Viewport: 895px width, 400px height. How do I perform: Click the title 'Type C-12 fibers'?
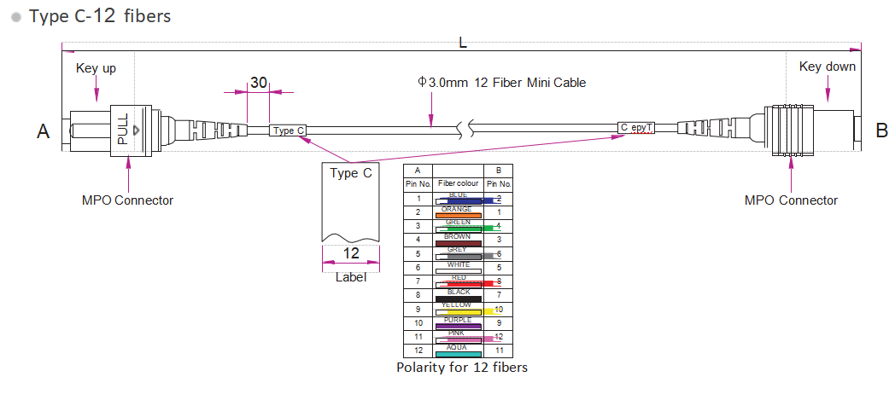coord(100,16)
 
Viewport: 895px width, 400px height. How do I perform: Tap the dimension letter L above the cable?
coord(463,43)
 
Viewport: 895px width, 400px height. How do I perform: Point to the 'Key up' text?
coord(96,67)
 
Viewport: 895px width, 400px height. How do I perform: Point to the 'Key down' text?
coord(827,67)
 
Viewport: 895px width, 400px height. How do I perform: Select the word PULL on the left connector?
coord(122,129)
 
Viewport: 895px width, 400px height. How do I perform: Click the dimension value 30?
coord(258,83)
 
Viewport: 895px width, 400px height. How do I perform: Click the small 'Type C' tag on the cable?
coord(288,130)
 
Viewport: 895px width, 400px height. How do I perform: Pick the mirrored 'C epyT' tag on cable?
coord(637,128)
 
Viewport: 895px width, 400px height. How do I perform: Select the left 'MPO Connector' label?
coord(127,200)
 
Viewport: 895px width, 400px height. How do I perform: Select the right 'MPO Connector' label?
coord(791,200)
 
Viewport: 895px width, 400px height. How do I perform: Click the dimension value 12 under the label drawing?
coord(350,253)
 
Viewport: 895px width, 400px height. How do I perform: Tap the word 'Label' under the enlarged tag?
coord(350,276)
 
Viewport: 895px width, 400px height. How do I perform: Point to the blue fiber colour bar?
coord(459,200)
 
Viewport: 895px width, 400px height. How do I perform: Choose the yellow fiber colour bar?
coord(459,312)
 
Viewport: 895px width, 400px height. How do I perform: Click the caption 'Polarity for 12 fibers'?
coord(461,368)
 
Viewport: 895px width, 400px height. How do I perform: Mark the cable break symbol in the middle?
coord(464,130)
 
